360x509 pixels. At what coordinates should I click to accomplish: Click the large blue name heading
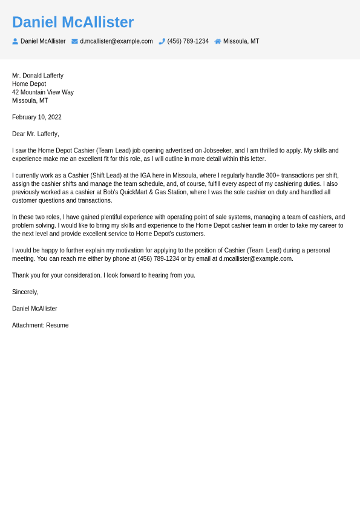coord(73,22)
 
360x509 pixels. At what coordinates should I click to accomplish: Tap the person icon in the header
coord(15,41)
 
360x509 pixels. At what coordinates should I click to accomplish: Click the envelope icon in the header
coord(74,41)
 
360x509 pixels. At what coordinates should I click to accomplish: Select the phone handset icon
coord(162,41)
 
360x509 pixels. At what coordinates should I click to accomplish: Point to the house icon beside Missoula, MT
coord(218,41)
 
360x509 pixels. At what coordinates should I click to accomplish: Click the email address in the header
coord(116,41)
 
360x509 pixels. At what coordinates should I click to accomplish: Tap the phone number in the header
coord(188,41)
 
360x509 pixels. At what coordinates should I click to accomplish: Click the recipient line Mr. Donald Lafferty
coord(38,76)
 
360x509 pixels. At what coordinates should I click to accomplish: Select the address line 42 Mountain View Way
coord(43,93)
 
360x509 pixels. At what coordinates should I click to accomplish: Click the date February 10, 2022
coord(37,117)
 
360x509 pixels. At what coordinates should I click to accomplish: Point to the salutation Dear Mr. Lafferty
coord(36,134)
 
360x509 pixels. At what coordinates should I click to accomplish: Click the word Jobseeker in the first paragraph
coord(217,151)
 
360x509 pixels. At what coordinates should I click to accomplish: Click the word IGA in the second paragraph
coord(145,176)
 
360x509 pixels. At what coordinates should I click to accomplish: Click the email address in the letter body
coord(255,259)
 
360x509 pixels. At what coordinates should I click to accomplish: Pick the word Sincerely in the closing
coord(25,292)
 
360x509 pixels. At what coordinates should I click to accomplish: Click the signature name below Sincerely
coord(34,309)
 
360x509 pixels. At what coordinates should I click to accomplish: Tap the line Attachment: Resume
coord(40,326)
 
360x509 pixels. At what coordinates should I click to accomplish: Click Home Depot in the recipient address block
coord(29,84)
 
